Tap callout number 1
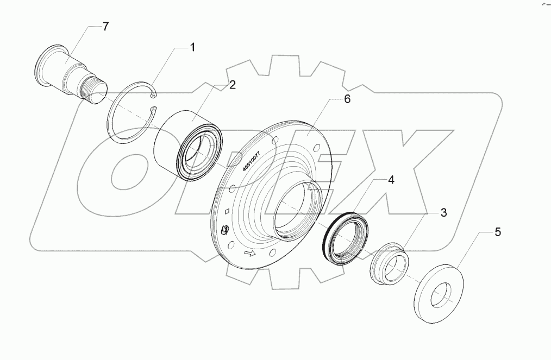[191, 48]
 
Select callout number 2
[232, 85]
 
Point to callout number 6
[347, 99]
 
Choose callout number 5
[497, 232]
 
